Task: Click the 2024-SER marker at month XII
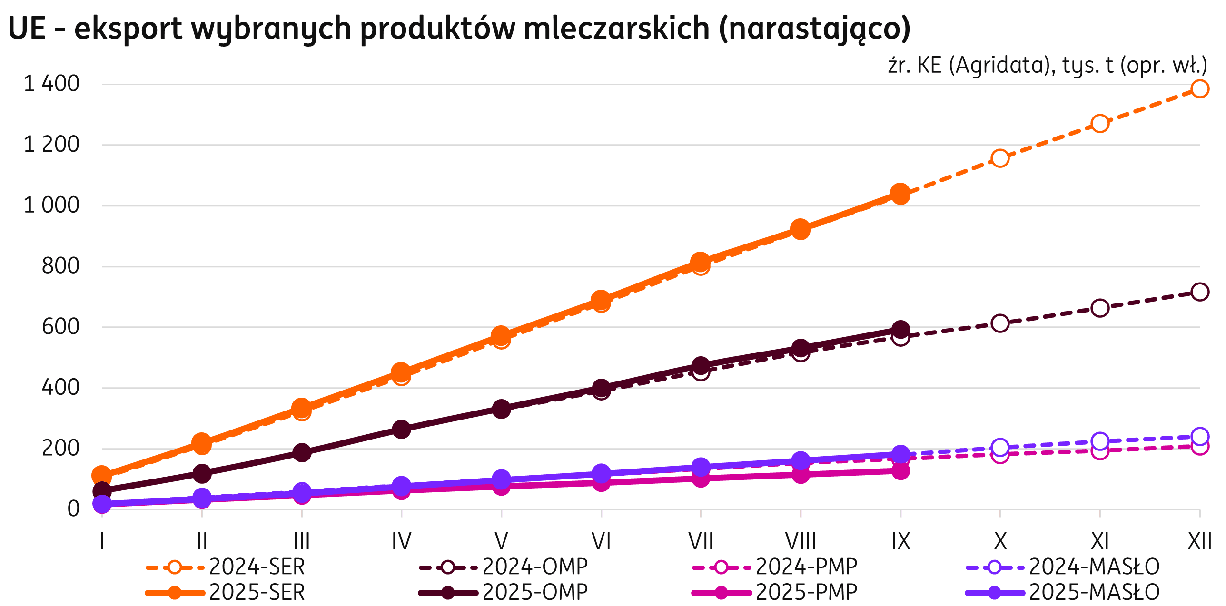pos(1199,88)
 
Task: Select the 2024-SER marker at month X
pos(1000,158)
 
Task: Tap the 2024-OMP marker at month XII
pos(1199,292)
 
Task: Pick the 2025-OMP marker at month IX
pos(900,329)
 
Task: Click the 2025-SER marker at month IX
pos(900,194)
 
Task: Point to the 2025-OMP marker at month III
pos(302,452)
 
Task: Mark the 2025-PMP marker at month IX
pos(900,471)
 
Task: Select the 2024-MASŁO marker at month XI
pos(1099,441)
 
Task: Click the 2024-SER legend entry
pos(226,567)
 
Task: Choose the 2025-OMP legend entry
pos(504,592)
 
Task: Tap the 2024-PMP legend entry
pos(775,567)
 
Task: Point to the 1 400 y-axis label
pos(51,84)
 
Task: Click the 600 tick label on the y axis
pos(60,327)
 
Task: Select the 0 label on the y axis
pos(73,509)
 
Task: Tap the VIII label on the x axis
pos(801,541)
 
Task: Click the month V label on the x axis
pos(501,541)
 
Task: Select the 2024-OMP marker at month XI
pos(1099,308)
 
